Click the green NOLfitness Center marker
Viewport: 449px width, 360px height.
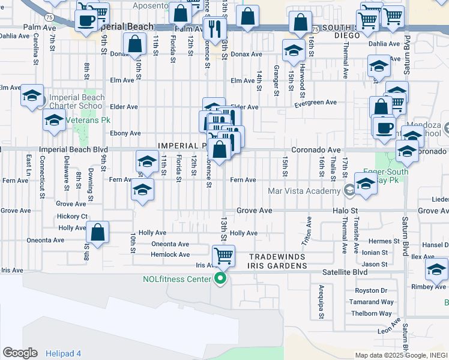coord(220,278)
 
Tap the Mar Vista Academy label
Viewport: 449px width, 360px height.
coord(304,191)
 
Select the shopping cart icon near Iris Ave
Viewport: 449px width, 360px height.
coord(223,256)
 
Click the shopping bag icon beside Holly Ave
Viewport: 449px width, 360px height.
coord(97,232)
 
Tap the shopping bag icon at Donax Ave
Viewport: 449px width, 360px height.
coord(135,43)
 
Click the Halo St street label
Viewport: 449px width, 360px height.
coord(346,211)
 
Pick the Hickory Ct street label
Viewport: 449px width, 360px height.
coord(73,216)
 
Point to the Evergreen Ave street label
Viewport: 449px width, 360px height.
coord(315,103)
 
